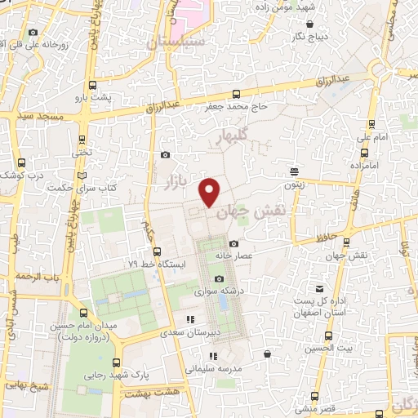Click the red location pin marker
click(x=211, y=192)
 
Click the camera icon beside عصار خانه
click(x=234, y=243)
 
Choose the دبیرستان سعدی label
click(x=193, y=332)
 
